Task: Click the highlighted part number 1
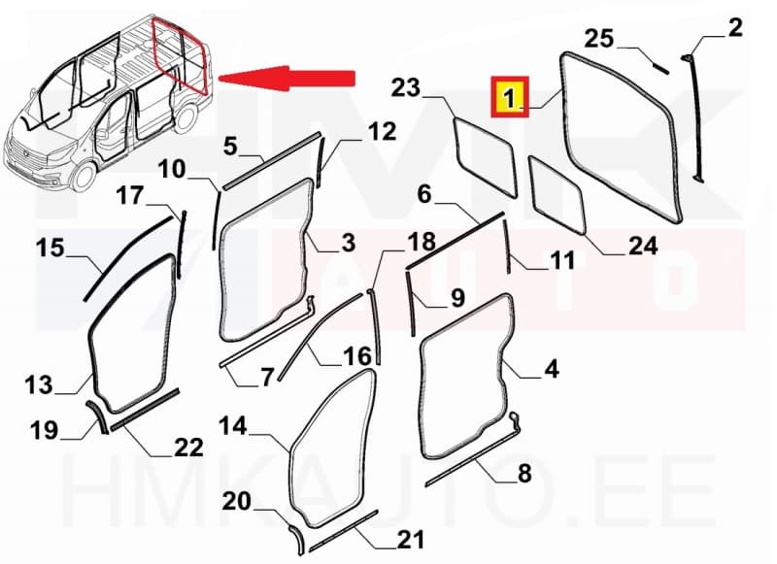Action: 511,97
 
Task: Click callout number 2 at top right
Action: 734,28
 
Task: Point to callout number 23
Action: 405,89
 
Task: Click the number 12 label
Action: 355,131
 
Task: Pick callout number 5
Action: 230,146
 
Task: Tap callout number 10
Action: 173,170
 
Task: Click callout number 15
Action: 51,249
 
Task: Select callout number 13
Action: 39,387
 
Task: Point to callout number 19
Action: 44,428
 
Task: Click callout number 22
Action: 188,448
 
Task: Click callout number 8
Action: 525,474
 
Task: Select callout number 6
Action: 423,195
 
